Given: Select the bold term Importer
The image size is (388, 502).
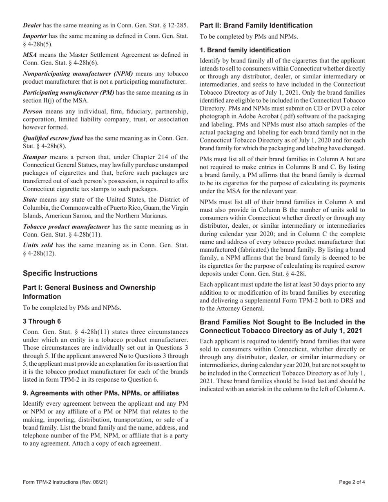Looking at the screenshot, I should [x=35, y=36].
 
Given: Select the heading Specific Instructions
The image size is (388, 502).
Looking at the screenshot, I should [x=60, y=273].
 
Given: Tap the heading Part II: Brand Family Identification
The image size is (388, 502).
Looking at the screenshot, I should [x=256, y=25].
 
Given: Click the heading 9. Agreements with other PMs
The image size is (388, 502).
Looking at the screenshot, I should [x=101, y=393].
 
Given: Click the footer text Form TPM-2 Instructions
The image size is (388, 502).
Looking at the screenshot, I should [x=65, y=482].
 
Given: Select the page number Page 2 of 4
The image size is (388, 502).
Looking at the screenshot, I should [x=352, y=482].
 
